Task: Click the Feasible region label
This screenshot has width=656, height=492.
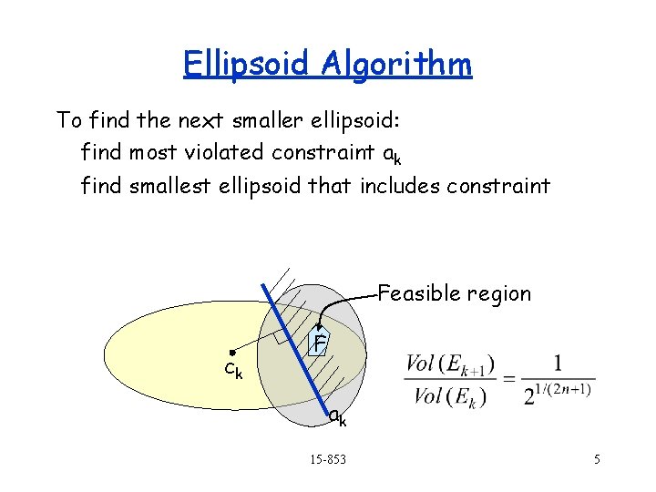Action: tap(454, 293)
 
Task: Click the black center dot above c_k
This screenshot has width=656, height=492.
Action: tap(233, 352)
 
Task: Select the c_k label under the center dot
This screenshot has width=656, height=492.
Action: tap(233, 371)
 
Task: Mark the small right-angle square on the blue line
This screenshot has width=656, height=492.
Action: tap(280, 338)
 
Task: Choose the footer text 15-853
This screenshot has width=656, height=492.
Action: tap(328, 458)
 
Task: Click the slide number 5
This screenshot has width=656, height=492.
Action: tap(597, 459)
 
